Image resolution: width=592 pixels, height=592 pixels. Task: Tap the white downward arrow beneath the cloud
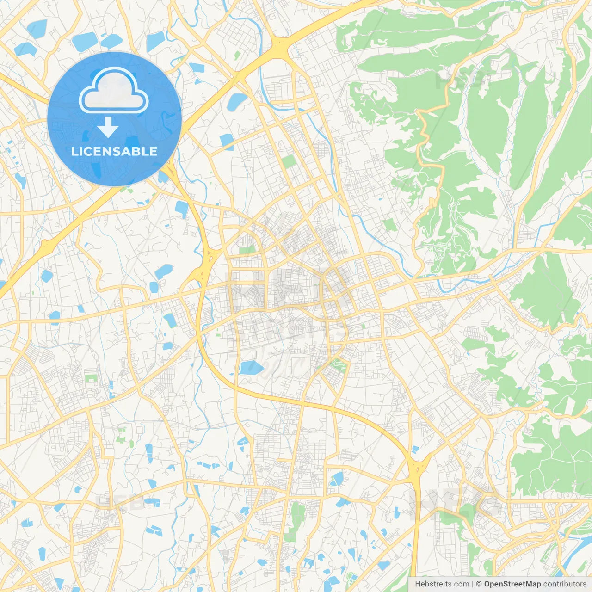click(x=108, y=127)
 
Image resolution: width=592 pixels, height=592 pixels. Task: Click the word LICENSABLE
click(x=114, y=151)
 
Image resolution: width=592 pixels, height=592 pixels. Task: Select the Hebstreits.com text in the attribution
click(x=442, y=584)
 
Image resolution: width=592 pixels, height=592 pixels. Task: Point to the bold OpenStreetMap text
click(x=512, y=584)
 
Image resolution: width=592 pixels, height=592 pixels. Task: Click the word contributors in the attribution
click(x=565, y=584)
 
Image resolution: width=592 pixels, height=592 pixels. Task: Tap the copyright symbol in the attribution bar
click(x=479, y=584)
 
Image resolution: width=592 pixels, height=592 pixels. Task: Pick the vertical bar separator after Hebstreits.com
click(x=473, y=584)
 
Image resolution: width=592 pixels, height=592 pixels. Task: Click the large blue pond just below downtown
click(x=251, y=368)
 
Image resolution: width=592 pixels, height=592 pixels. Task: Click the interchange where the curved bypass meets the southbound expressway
click(x=418, y=467)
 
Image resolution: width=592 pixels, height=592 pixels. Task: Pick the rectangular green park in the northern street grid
click(x=289, y=162)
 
